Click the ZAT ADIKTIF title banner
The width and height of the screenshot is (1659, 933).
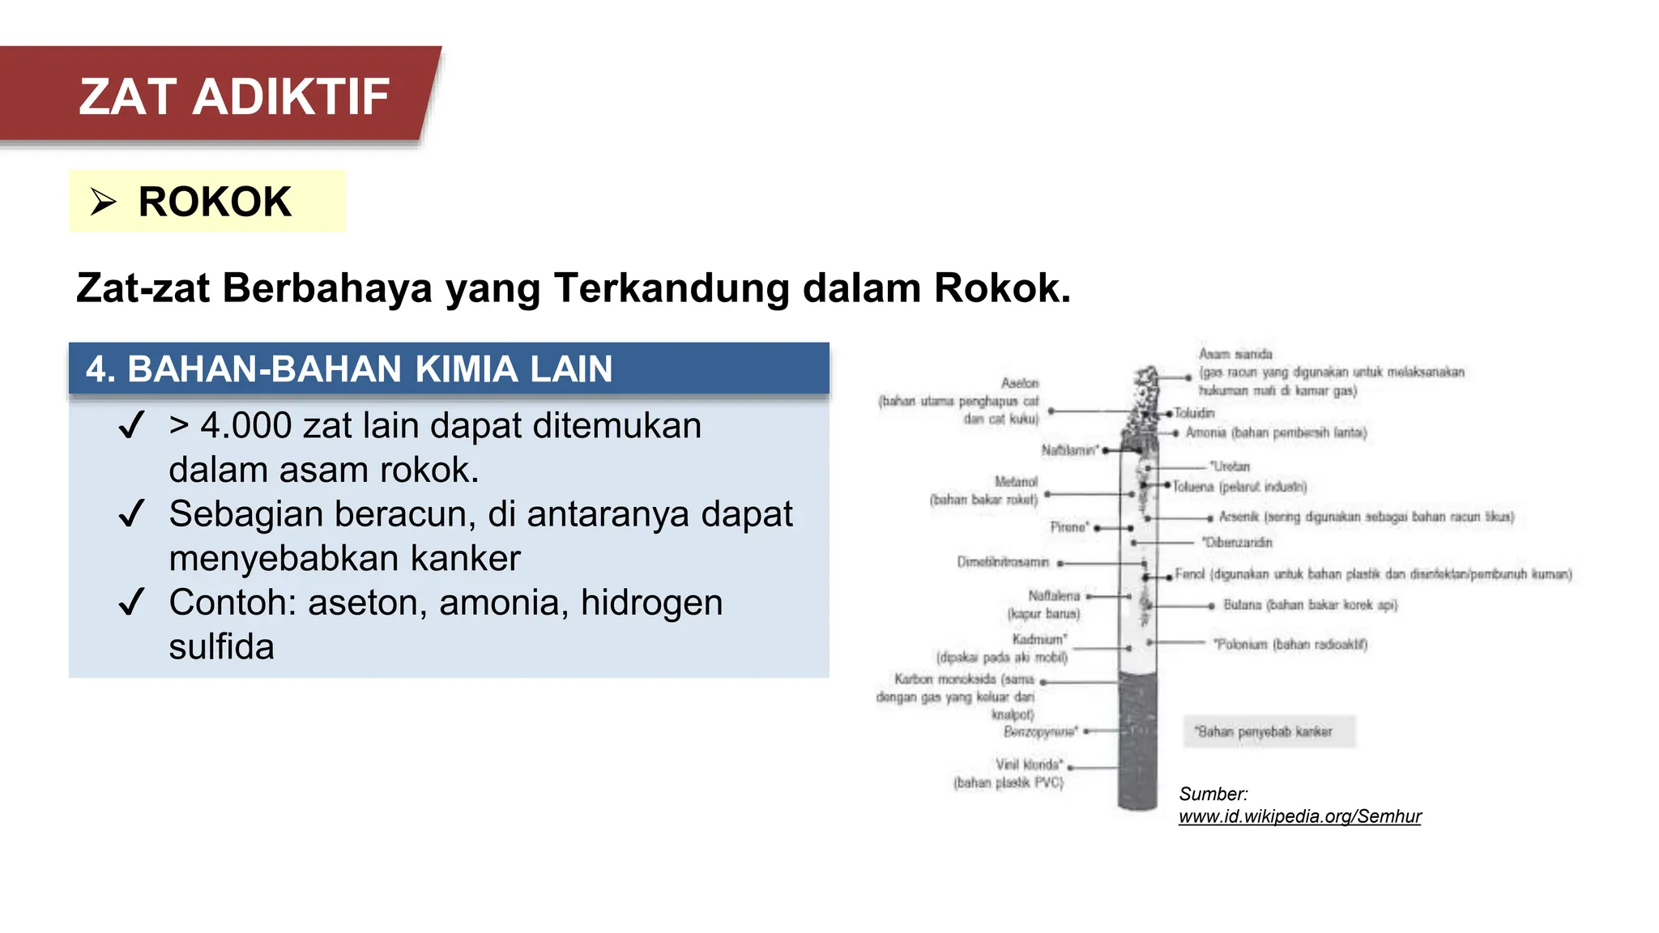(233, 96)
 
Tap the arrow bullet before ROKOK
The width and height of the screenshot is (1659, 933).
(103, 202)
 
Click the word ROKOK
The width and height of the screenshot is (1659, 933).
(215, 202)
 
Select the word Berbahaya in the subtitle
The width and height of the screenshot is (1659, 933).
(327, 288)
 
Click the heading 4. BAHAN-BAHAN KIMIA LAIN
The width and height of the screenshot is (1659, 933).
(349, 369)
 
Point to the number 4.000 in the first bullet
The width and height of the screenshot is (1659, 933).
(246, 426)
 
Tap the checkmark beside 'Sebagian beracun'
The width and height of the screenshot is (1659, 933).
(131, 513)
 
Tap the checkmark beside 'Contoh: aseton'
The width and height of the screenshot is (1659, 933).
(131, 602)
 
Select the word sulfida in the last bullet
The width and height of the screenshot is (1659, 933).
(221, 647)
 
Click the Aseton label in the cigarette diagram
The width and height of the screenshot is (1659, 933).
(1019, 383)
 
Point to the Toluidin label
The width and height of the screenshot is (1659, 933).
(1194, 413)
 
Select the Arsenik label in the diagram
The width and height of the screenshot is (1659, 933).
(1239, 517)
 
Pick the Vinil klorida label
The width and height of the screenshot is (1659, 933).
(1029, 765)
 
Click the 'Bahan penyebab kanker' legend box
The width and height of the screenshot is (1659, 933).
(1269, 731)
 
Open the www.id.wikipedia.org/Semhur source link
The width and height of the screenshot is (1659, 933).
(1299, 816)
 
